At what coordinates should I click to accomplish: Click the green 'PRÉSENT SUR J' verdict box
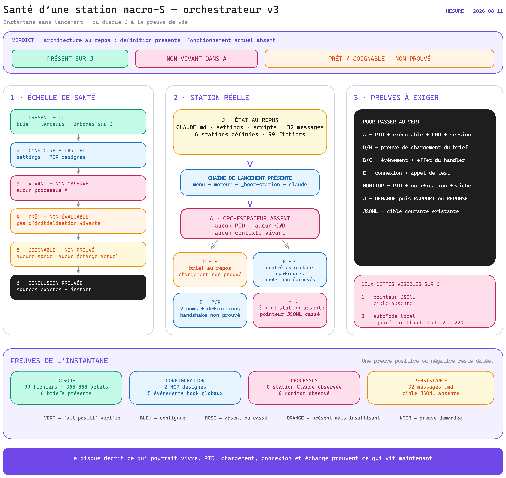[x=70, y=59]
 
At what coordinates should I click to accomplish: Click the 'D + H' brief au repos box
[x=210, y=270]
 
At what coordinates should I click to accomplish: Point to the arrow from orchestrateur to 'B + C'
[x=286, y=244]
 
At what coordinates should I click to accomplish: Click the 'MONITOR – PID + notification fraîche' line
[x=417, y=186]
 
